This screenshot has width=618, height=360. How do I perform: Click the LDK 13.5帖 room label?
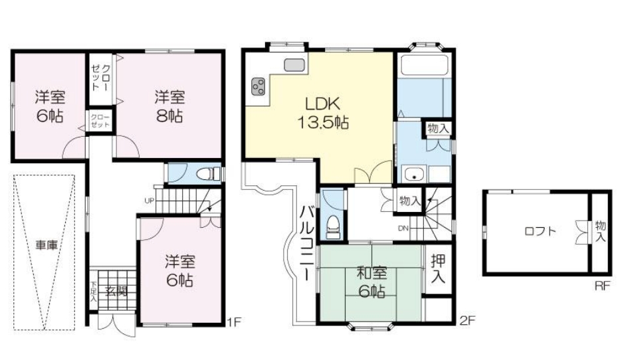(322, 113)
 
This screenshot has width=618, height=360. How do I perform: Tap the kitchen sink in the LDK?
(294, 65)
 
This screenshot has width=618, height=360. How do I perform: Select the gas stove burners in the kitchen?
(258, 86)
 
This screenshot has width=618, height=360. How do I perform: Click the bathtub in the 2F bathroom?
(425, 64)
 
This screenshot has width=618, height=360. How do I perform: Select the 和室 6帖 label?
(371, 282)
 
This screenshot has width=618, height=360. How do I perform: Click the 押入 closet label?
(438, 268)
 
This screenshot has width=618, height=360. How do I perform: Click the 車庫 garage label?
(47, 245)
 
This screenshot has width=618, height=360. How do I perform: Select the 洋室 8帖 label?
(169, 106)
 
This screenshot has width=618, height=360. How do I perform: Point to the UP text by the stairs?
(150, 201)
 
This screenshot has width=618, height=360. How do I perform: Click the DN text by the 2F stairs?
(403, 228)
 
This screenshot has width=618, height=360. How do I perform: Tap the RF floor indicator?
(602, 286)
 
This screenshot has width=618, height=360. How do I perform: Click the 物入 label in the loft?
(601, 231)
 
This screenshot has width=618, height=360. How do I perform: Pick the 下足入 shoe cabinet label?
(93, 292)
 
